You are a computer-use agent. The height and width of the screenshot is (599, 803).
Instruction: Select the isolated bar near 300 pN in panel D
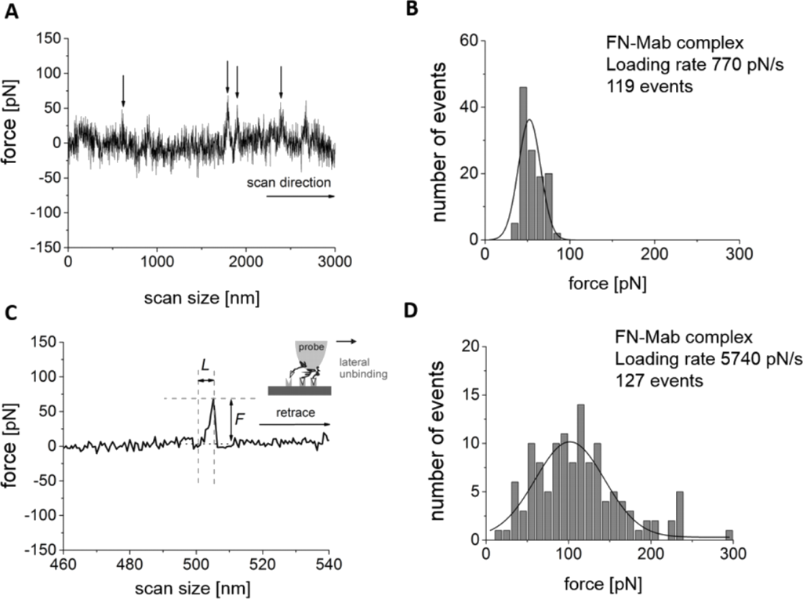coord(729,535)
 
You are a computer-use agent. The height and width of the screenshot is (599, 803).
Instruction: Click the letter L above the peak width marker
coord(205,365)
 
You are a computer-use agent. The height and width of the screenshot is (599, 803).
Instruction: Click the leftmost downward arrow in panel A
coord(123,90)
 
